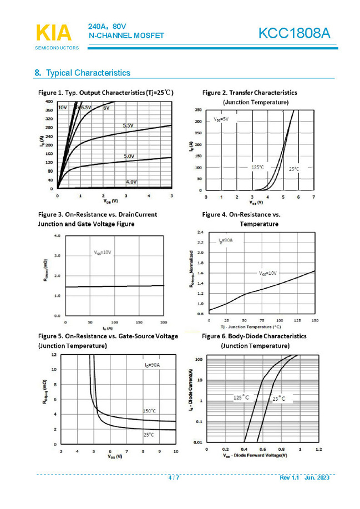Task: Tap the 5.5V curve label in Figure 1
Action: [x=128, y=126]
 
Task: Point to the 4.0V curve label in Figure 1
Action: [x=131, y=182]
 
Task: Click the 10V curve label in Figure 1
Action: [x=62, y=107]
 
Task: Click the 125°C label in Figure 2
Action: [x=257, y=167]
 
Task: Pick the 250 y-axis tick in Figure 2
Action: [x=198, y=110]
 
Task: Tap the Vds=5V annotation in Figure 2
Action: [x=221, y=119]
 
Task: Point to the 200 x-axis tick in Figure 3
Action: [x=163, y=322]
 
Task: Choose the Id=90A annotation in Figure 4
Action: [x=225, y=241]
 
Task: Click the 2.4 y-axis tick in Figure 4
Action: [x=201, y=231]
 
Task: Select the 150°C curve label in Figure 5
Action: [x=149, y=411]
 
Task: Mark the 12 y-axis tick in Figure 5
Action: [x=53, y=354]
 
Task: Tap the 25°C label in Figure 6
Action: [x=278, y=399]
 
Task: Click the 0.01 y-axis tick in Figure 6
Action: [x=197, y=442]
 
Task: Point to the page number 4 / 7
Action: [x=174, y=477]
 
